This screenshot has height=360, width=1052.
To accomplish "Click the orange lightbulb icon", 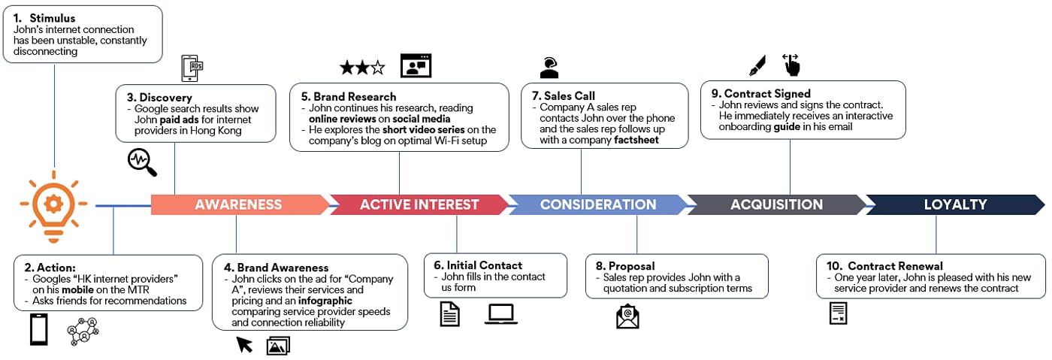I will point(53,204).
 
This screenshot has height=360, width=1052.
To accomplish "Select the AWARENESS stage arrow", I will point(238,204).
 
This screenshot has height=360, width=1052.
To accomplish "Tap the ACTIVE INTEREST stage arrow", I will point(419,204).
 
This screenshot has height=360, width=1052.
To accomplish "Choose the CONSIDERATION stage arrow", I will point(597,204).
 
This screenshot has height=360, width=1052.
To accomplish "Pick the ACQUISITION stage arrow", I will point(776,204).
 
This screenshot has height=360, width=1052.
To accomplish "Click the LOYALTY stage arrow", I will point(955,204).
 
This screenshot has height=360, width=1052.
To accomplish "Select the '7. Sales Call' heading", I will point(563,96).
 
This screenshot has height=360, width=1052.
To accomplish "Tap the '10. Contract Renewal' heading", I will point(878,266).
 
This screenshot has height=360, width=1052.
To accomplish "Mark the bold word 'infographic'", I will point(356,301).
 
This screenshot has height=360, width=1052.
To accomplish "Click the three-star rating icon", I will point(362,68).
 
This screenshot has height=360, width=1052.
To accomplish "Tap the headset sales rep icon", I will point(549,68).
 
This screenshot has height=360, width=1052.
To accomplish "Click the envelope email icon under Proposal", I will point(627,316).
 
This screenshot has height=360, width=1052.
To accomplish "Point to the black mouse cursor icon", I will point(245,344).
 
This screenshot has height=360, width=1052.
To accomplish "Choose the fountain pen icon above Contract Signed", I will point(757,66).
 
